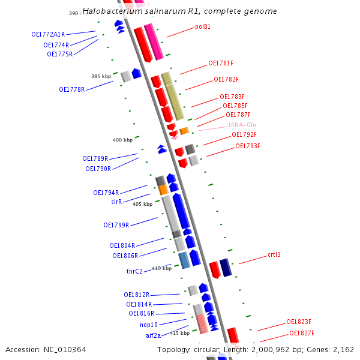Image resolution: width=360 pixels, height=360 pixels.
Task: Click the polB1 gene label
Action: pyautogui.click(x=203, y=27)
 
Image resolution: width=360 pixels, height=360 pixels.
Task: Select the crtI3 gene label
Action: pyautogui.click(x=274, y=254)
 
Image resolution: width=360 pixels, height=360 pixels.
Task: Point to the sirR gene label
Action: pyautogui.click(x=116, y=202)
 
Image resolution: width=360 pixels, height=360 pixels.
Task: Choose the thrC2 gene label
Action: pyautogui.click(x=134, y=271)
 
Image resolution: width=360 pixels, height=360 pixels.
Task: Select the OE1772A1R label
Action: pyautogui.click(x=48, y=34)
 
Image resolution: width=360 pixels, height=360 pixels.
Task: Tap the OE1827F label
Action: pyautogui.click(x=302, y=333)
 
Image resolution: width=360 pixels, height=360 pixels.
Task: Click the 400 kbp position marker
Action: pyautogui.click(x=122, y=140)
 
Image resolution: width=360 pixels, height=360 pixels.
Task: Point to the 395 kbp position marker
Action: pyautogui.click(x=101, y=76)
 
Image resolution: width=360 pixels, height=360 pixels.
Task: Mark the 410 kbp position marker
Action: pyautogui.click(x=161, y=268)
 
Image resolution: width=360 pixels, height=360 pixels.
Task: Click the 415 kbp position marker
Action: pyautogui.click(x=179, y=333)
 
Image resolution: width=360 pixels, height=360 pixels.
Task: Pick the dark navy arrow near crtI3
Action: pyautogui.click(x=226, y=267)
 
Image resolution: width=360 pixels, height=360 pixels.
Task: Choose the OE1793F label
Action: pyautogui.click(x=247, y=146)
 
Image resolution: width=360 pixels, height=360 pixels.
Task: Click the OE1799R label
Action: pyautogui.click(x=116, y=225)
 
